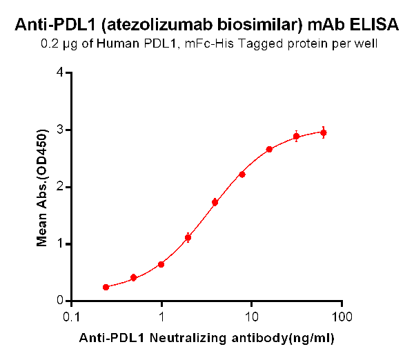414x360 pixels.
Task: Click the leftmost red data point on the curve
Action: point(106,287)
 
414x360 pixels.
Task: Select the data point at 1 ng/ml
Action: point(161,264)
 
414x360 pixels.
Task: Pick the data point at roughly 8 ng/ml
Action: point(242,174)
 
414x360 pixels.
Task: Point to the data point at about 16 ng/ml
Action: point(269,149)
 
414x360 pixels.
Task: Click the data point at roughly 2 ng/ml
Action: point(188,238)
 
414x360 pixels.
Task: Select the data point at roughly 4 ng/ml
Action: point(215,202)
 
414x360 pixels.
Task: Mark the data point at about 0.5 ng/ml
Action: point(133,278)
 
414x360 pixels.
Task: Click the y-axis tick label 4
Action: point(61,72)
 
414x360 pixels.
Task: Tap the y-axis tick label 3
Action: point(61,130)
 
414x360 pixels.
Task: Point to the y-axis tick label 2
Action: point(61,187)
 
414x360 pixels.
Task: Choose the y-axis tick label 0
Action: point(61,301)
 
